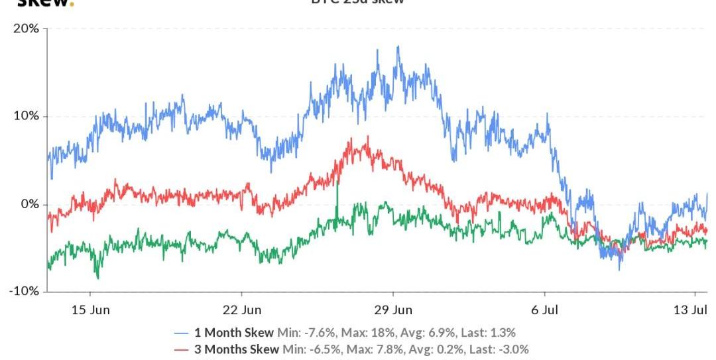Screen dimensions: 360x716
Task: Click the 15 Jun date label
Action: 90,309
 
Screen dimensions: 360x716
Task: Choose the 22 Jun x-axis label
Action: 242,309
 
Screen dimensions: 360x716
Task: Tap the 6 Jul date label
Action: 545,309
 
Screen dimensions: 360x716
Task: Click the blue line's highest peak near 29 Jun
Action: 398,46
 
